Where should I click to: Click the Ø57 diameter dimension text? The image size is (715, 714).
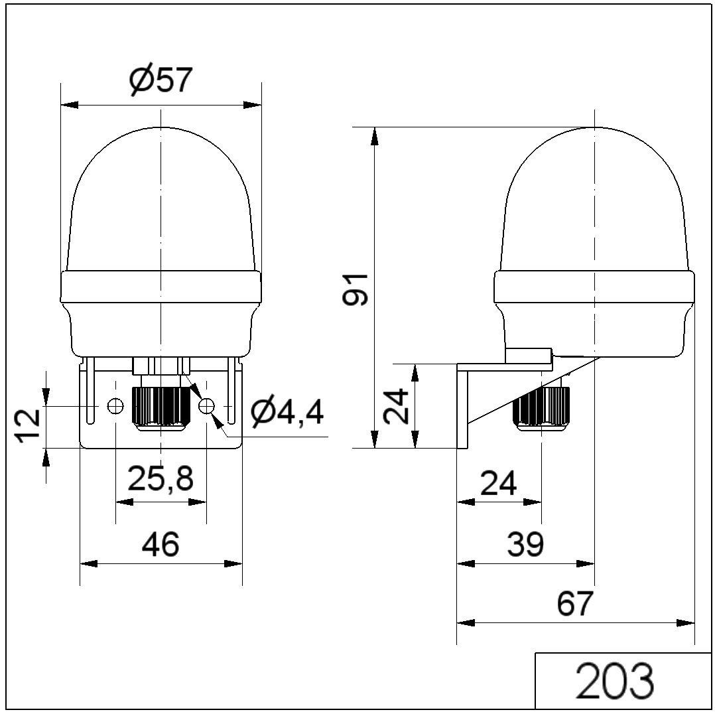click(161, 81)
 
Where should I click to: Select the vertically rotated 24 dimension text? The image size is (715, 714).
click(397, 406)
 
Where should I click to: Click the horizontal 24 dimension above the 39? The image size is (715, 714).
click(498, 484)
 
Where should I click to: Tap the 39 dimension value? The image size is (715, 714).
click(525, 544)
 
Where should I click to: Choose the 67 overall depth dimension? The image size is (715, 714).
click(574, 604)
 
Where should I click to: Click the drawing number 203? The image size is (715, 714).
click(615, 680)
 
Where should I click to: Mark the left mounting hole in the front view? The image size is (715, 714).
click(115, 405)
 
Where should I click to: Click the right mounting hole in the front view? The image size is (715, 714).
click(206, 405)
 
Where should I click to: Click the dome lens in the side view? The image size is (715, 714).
click(595, 199)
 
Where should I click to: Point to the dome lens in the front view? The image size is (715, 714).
click(161, 199)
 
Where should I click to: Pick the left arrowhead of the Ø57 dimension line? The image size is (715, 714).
click(69, 105)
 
